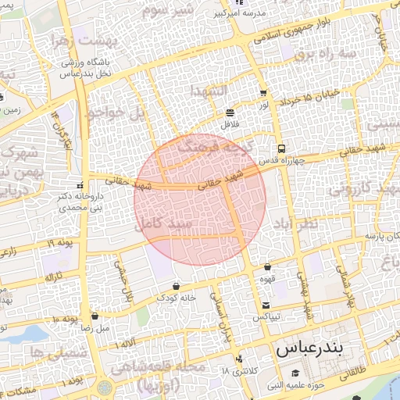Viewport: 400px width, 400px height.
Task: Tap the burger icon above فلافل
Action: click(230, 112)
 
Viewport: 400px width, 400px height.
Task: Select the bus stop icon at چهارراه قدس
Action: click(280, 148)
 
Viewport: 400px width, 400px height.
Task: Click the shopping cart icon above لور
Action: click(262, 92)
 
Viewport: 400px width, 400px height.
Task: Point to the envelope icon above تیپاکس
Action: click(266, 305)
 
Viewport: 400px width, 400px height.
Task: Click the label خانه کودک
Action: click(173, 298)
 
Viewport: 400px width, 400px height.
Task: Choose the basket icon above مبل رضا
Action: click(95, 317)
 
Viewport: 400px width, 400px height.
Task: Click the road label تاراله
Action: click(52, 277)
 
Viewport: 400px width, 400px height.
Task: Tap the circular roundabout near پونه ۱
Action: click(105, 387)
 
